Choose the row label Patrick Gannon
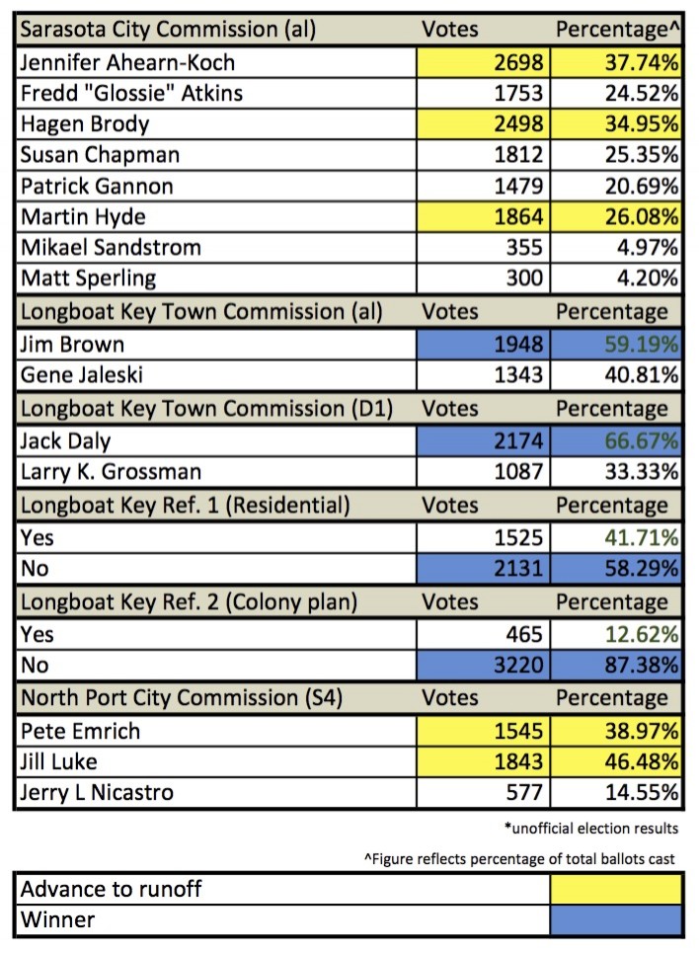97,187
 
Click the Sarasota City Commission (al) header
168,30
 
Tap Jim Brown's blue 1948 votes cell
506,346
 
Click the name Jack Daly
67,442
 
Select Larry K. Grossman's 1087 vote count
506,472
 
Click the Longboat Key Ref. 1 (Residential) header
185,506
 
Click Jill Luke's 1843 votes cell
506,762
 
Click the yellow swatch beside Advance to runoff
615,890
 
